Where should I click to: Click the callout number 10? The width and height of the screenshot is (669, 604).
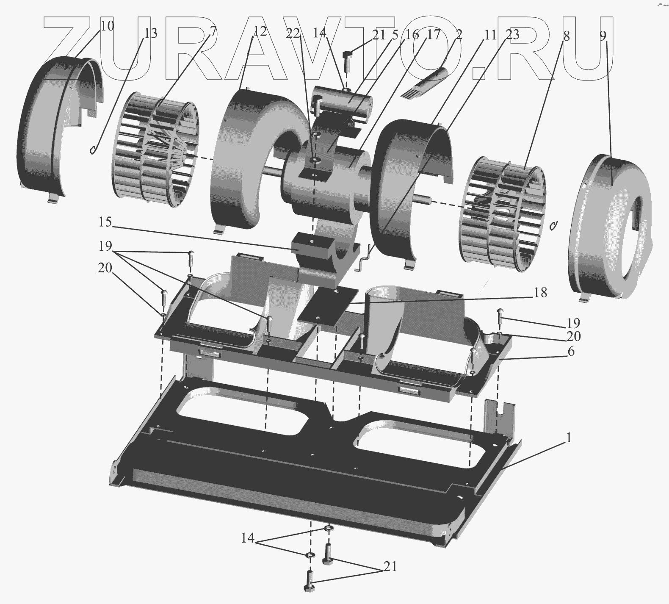(108, 26)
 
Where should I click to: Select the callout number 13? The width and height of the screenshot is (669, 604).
(151, 33)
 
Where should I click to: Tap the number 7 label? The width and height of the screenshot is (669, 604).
(213, 31)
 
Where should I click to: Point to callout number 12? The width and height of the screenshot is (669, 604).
(261, 31)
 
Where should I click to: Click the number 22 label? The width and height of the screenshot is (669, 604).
(293, 33)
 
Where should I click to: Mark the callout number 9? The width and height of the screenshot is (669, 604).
(603, 36)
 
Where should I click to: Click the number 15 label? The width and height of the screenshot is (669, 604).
(105, 222)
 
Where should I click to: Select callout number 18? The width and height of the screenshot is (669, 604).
(540, 293)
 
